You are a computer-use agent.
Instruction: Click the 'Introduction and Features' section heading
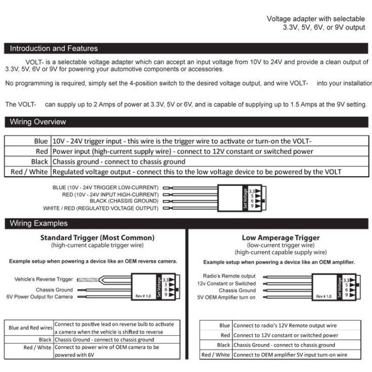click(54, 49)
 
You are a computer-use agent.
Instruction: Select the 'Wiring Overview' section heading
click(38, 122)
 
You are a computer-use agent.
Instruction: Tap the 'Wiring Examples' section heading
click(38, 224)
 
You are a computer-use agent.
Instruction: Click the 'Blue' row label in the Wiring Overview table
click(40, 141)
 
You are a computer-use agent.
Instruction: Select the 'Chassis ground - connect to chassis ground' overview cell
click(119, 162)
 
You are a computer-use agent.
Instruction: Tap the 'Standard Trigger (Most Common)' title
click(97, 238)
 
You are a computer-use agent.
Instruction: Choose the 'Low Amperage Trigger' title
click(281, 238)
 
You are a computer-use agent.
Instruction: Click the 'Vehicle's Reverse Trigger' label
click(43, 280)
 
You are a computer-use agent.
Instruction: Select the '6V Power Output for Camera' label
click(40, 297)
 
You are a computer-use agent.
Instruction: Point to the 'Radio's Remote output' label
click(229, 276)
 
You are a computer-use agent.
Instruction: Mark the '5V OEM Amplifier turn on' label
click(226, 298)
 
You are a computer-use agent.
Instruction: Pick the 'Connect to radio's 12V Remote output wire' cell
click(285, 326)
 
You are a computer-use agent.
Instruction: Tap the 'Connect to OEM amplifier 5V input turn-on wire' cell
click(290, 355)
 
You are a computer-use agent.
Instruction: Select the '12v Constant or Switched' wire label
click(226, 284)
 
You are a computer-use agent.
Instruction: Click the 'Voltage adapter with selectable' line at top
click(316, 19)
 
